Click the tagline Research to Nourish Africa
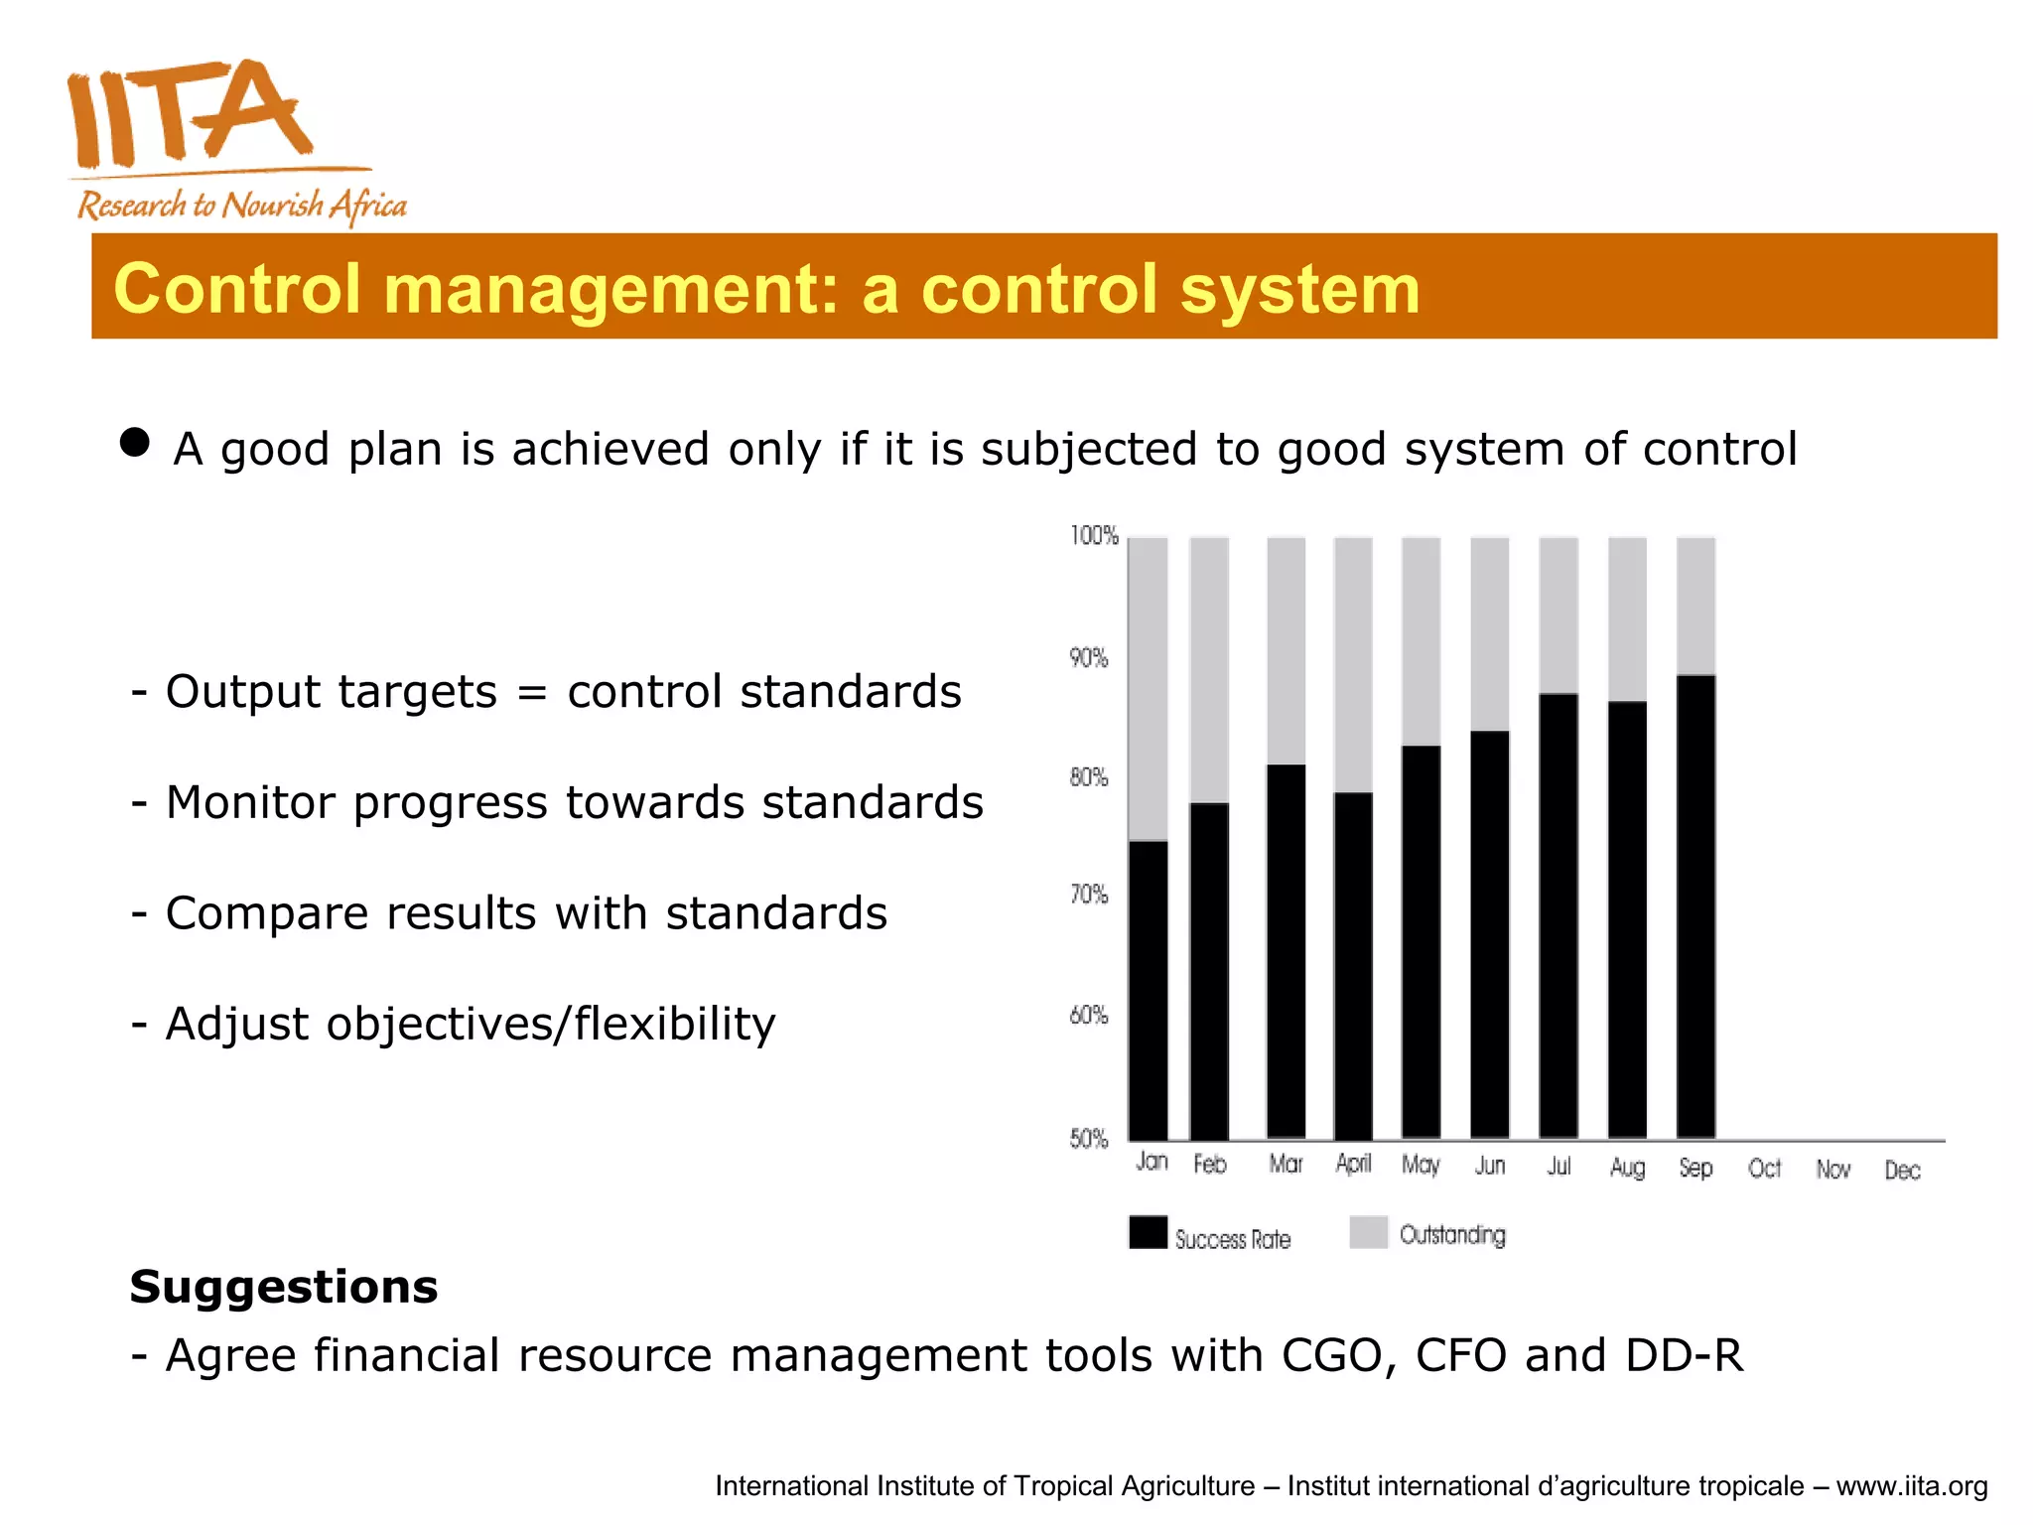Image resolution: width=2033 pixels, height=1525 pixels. pos(242,206)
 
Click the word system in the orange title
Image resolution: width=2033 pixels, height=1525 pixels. pos(1299,289)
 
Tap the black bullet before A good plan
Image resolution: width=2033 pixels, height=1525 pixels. pos(135,443)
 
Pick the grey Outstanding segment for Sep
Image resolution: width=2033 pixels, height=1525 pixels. pos(1695,606)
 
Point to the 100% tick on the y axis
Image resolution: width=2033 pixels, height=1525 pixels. pos(1094,536)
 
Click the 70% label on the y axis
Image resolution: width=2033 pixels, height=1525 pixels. pos(1088,896)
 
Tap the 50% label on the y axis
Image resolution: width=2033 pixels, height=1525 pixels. pos(1088,1139)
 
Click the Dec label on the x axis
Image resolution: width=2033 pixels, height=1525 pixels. pos(1902,1171)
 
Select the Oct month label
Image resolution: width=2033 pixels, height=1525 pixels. pos(1764,1169)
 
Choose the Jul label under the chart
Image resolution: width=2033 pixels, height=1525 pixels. pos(1559,1167)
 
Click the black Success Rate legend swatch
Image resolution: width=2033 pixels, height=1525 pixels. pos(1149,1232)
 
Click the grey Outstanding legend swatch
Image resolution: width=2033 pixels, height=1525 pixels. pos(1368,1232)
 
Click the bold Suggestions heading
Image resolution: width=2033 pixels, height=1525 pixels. pos(284,1287)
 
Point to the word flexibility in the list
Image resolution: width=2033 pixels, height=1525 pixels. pos(674,1024)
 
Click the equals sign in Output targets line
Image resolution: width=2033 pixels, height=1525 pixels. pos(532,692)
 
